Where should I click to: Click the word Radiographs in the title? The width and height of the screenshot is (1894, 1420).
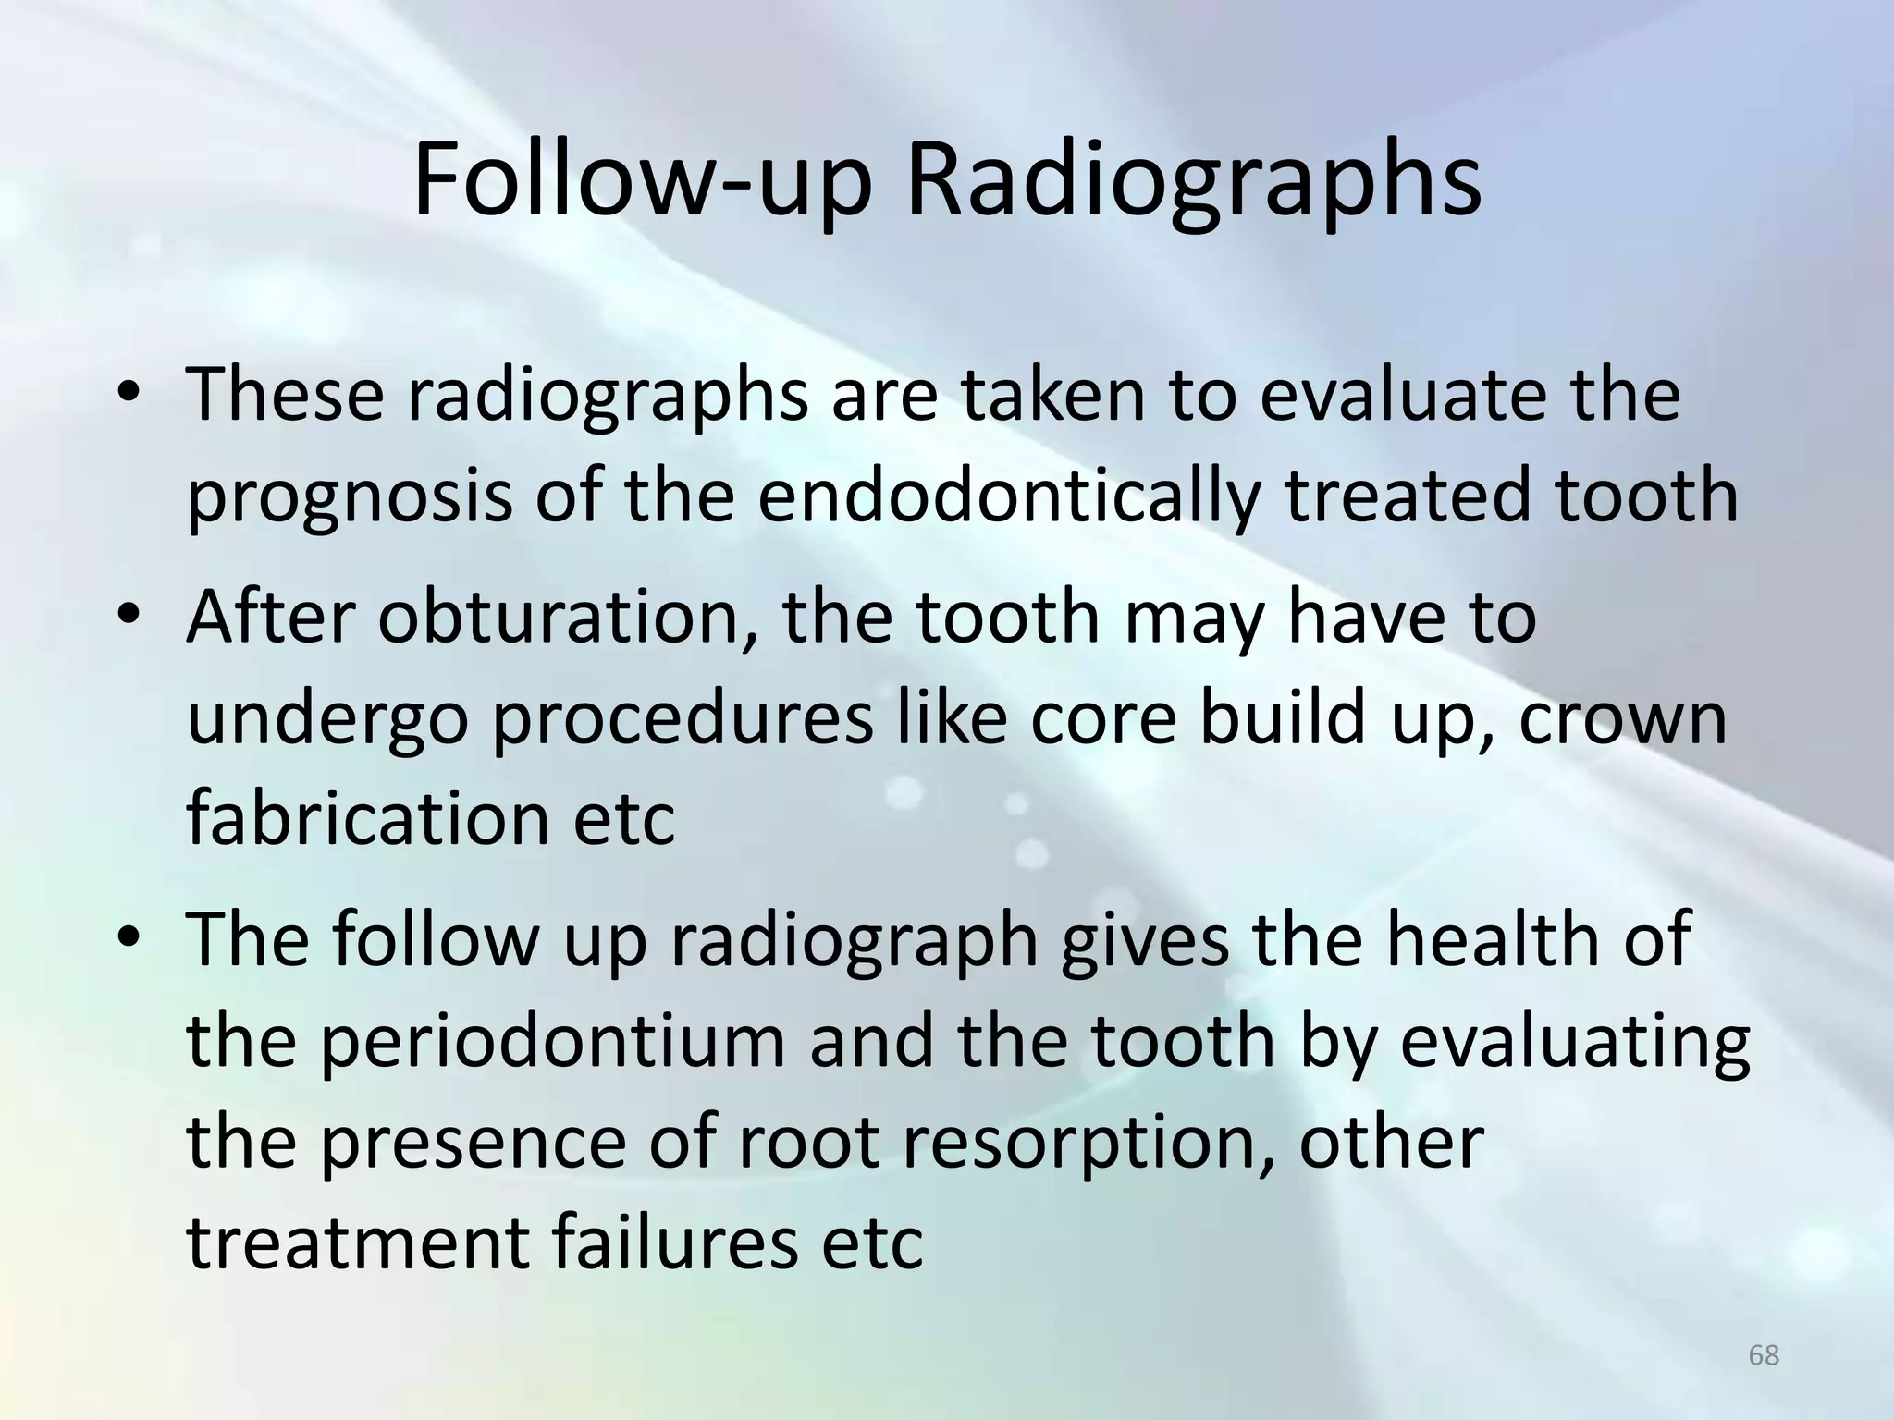[x=1194, y=180]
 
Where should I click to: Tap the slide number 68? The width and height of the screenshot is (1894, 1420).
[x=1764, y=1355]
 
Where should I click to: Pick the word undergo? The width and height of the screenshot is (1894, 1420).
[x=325, y=721]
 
